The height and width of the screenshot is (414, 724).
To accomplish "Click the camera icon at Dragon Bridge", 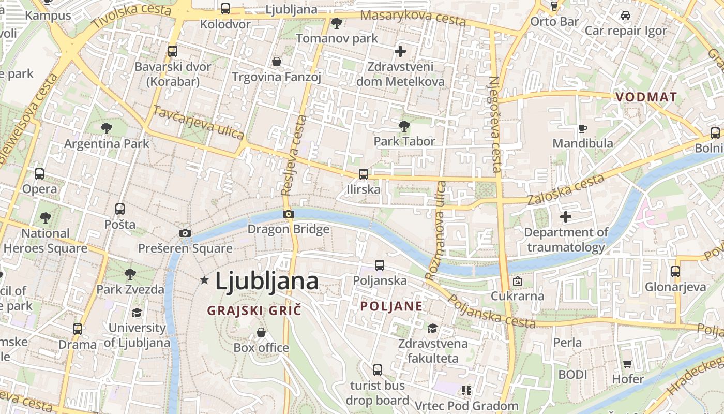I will point(289,214).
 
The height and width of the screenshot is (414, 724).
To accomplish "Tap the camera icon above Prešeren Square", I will point(185,233).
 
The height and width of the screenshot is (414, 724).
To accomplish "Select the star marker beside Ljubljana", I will point(204,280).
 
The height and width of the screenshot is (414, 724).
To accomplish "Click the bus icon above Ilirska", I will point(364,174).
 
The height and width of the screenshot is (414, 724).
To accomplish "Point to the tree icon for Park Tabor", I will point(404,126).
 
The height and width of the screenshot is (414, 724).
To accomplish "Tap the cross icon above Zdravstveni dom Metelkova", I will point(400,51).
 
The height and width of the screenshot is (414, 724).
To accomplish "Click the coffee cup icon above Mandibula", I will point(583,128).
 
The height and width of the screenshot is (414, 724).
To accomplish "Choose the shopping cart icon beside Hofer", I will point(628,364).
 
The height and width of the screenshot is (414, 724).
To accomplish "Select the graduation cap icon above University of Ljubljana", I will point(137,313).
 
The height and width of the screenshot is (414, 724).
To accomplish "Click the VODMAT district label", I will point(646,97).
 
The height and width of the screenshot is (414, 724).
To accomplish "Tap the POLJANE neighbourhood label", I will point(391,306).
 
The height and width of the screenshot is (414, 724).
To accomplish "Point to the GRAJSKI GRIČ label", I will point(254,310).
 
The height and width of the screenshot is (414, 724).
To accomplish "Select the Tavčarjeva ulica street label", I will point(199,123).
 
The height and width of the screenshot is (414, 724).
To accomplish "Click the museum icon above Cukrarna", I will point(517,282).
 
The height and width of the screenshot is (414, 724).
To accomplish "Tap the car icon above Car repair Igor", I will point(625,16).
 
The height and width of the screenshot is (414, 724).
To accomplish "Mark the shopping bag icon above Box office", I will point(261,332).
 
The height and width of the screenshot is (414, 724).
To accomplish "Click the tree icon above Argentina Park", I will point(107,128).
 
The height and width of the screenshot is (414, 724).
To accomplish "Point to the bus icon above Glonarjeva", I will point(675,271).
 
